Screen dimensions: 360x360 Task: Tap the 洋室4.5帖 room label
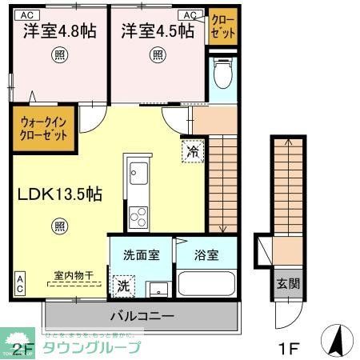click(158, 31)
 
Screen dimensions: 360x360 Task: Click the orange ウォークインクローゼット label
click(44, 127)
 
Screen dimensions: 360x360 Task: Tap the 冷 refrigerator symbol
click(193, 149)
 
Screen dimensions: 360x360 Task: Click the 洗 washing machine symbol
click(124, 284)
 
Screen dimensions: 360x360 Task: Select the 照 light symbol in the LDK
click(60, 226)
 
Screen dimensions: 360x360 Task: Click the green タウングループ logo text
click(90, 347)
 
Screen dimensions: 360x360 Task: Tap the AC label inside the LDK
click(18, 282)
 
